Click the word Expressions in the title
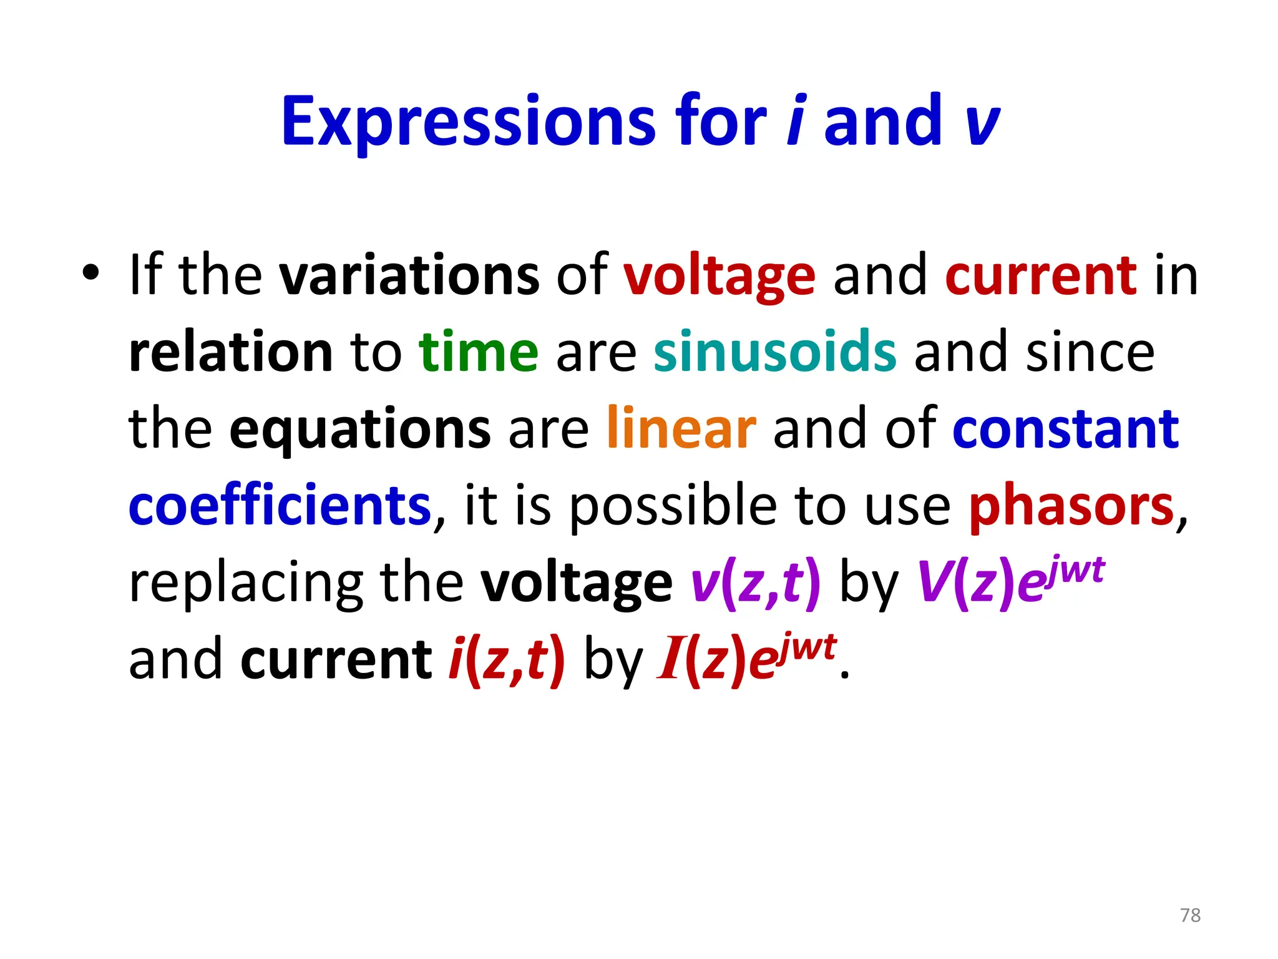click(468, 122)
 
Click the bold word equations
click(360, 430)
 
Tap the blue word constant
click(1065, 430)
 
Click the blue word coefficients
click(280, 506)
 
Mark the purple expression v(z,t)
click(756, 583)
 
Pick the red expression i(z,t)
click(507, 661)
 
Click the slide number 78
click(1190, 915)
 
